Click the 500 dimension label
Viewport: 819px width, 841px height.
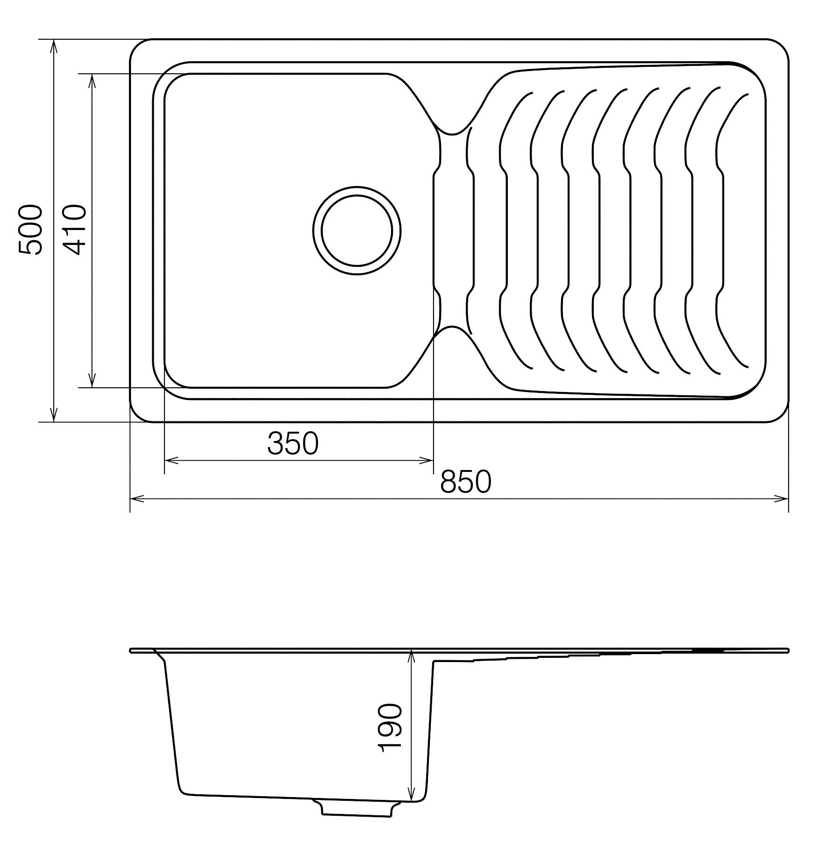click(x=30, y=230)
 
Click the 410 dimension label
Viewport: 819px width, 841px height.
click(x=74, y=230)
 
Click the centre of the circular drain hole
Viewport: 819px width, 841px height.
click(x=357, y=230)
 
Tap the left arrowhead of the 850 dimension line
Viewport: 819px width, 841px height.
click(x=136, y=499)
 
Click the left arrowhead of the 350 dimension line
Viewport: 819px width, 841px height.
click(x=171, y=461)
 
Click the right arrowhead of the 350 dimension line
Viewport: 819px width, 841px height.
click(x=427, y=461)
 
